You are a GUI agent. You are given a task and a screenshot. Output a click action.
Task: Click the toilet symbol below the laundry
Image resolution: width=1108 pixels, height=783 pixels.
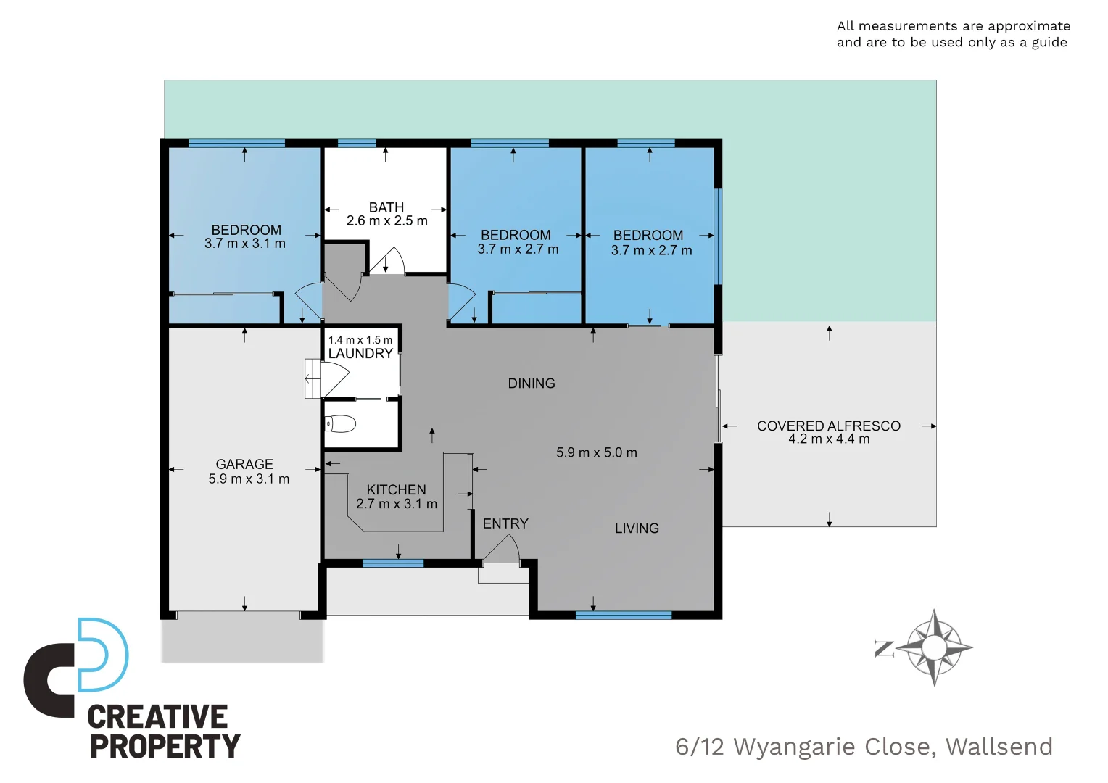coord(340,423)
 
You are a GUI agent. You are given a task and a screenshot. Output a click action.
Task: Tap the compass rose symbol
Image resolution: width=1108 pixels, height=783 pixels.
coord(935,647)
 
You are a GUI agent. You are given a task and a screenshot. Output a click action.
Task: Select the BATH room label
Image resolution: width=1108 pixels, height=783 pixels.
coord(386,207)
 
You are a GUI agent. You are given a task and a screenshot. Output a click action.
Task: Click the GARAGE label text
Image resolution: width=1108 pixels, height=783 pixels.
coord(244,464)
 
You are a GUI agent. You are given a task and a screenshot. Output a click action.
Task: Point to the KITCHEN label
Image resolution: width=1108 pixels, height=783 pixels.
coord(396,490)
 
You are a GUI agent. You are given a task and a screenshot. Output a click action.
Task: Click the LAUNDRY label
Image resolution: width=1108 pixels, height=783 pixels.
coord(360,354)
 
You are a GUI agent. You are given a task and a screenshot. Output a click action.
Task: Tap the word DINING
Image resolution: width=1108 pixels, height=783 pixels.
coord(532,384)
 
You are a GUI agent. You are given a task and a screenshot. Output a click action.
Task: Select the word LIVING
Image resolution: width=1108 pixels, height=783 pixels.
coord(637,529)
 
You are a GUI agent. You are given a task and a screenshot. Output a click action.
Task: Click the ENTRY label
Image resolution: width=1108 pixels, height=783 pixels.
coord(505,523)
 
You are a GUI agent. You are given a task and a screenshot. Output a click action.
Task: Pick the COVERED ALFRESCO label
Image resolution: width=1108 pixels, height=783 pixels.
coord(829,426)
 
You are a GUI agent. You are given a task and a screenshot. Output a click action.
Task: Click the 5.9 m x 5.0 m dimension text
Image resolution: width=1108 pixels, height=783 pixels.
coord(596,452)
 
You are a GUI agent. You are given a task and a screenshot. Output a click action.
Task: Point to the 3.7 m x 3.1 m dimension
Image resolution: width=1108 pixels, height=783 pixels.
coord(245,244)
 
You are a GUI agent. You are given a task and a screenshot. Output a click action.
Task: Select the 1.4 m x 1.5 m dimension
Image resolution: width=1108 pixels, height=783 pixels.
coord(360,340)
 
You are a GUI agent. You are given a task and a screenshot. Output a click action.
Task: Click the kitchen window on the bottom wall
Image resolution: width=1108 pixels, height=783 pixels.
coord(392,563)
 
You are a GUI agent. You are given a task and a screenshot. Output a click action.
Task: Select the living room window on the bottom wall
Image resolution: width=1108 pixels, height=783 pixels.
coord(623,616)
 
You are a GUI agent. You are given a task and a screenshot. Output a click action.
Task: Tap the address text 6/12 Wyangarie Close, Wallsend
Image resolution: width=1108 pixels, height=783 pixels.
coord(864,746)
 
